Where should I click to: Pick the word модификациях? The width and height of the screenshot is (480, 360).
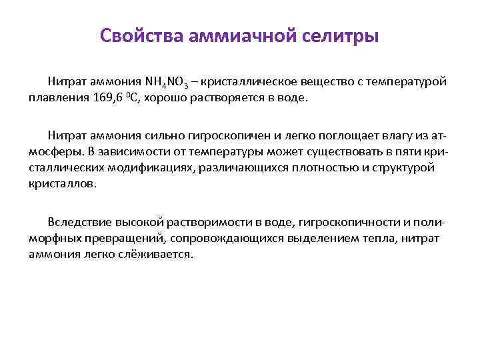[150, 167]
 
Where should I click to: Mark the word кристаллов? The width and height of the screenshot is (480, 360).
[61, 183]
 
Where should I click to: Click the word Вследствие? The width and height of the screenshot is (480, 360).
[77, 221]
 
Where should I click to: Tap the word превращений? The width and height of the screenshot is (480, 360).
[124, 237]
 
